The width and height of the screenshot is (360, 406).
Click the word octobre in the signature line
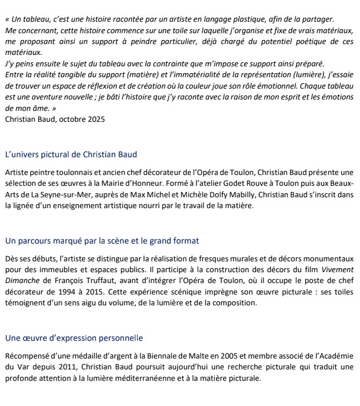[x=71, y=120]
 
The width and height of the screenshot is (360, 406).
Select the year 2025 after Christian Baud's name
[x=95, y=120]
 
